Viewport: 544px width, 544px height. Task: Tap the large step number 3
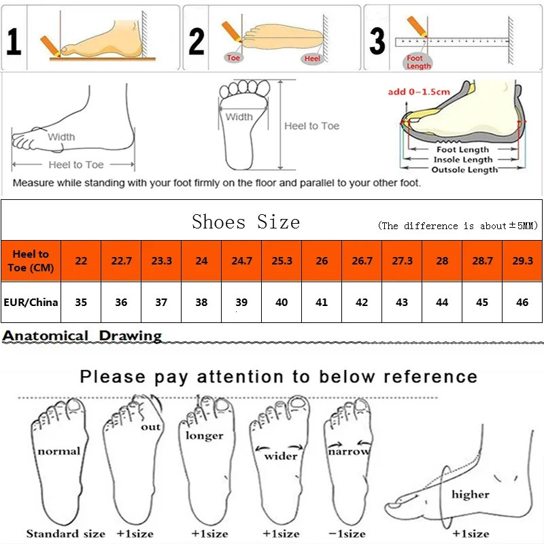pos(377,41)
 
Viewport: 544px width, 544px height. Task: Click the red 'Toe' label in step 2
pos(234,58)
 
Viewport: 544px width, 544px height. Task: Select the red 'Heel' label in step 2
pos(312,59)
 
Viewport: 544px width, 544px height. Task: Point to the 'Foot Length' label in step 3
pos(418,63)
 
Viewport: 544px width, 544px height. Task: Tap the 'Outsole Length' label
pos(465,170)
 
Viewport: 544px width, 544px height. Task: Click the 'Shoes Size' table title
pos(245,222)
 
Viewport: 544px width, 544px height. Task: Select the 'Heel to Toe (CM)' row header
pos(31,261)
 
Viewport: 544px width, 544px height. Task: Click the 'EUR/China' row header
pos(31,302)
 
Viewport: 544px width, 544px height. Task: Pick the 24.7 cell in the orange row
pos(241,261)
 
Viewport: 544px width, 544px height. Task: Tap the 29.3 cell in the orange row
pos(522,261)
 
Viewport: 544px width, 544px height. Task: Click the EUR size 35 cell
pos(81,302)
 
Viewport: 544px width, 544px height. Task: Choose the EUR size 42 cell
pos(362,302)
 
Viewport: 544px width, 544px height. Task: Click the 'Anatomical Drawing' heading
pos(82,335)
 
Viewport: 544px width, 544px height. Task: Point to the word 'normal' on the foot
pos(59,451)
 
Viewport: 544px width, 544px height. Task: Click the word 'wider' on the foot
pos(280,456)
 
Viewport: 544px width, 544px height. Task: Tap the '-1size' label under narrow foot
pos(347,534)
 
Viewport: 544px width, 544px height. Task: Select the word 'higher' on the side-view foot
pos(470,494)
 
